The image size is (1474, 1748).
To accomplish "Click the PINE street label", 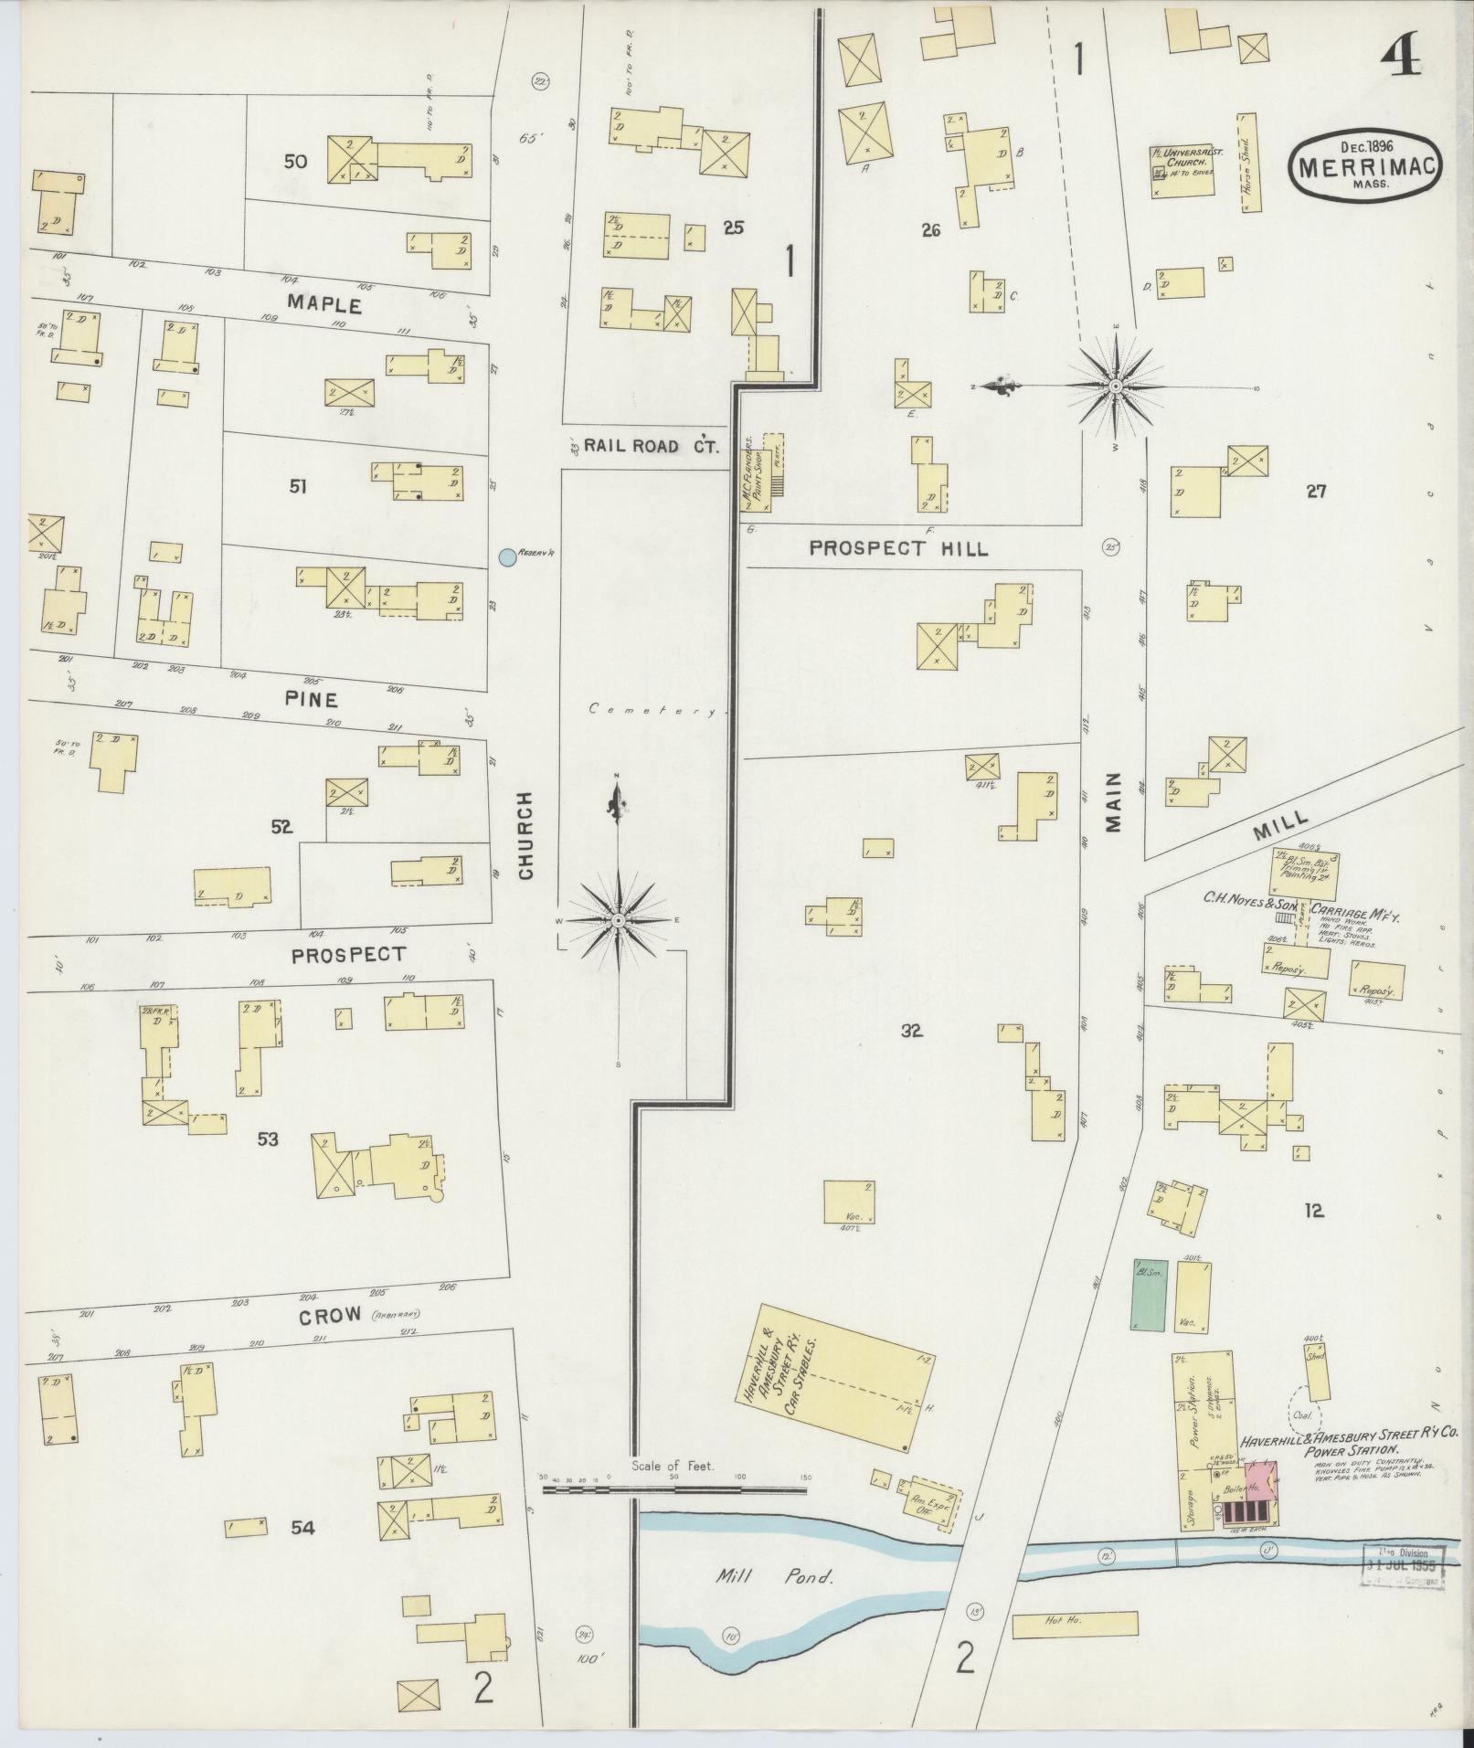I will [311, 700].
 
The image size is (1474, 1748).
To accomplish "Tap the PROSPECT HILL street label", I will [898, 548].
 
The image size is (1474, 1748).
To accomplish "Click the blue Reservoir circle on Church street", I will [506, 556].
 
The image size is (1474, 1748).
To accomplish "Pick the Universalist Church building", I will [1182, 169].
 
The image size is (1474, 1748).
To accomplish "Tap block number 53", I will [268, 1139].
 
